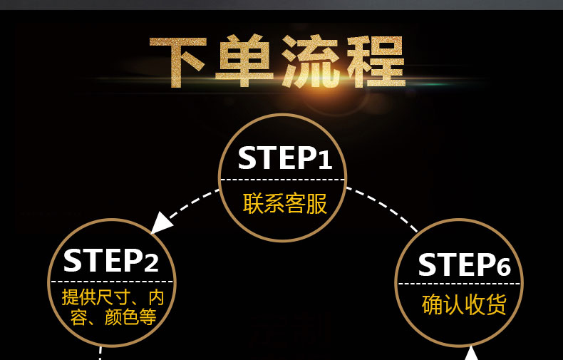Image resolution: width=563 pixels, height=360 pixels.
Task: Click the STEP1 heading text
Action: click(284, 158)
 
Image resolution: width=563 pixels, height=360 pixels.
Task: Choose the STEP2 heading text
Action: click(110, 261)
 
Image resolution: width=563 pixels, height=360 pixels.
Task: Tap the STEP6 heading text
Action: click(464, 266)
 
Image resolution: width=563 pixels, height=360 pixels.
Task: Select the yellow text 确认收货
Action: click(464, 305)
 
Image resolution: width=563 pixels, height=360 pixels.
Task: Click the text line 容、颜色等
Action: click(113, 317)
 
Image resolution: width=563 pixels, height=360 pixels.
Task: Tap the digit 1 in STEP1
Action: click(325, 160)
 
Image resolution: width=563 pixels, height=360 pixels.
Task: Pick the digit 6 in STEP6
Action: click(503, 267)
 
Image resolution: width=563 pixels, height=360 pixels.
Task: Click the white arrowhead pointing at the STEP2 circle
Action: click(163, 222)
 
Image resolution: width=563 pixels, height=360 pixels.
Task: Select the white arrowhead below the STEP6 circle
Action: click(471, 353)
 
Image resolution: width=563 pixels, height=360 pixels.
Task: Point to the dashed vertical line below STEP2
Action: click(100, 354)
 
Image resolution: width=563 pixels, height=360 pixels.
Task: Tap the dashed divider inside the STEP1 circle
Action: click(283, 179)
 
